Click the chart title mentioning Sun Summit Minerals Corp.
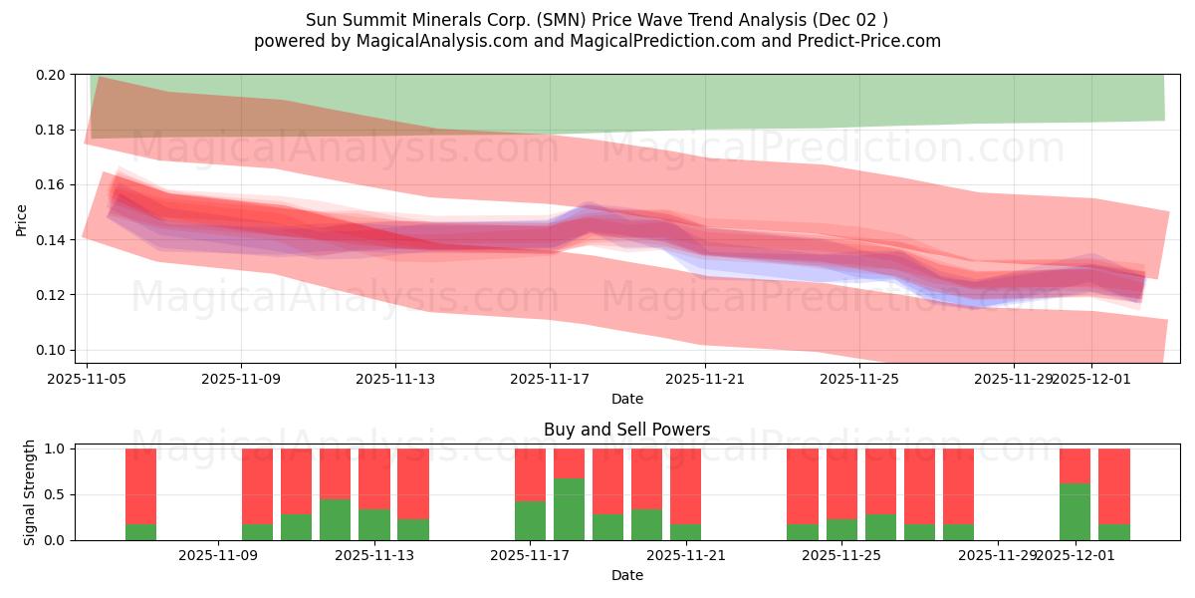[597, 19]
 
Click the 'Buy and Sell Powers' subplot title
[626, 430]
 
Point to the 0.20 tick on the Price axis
[52, 75]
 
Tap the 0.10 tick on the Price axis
[52, 350]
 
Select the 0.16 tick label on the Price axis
[52, 185]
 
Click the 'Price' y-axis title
[22, 220]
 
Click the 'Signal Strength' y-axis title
[30, 492]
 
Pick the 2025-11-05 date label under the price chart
[88, 379]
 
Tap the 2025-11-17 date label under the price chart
[550, 379]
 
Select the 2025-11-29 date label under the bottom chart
[997, 556]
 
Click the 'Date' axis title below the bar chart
[626, 575]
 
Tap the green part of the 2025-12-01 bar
[1075, 512]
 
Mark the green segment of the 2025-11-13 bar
[374, 524]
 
